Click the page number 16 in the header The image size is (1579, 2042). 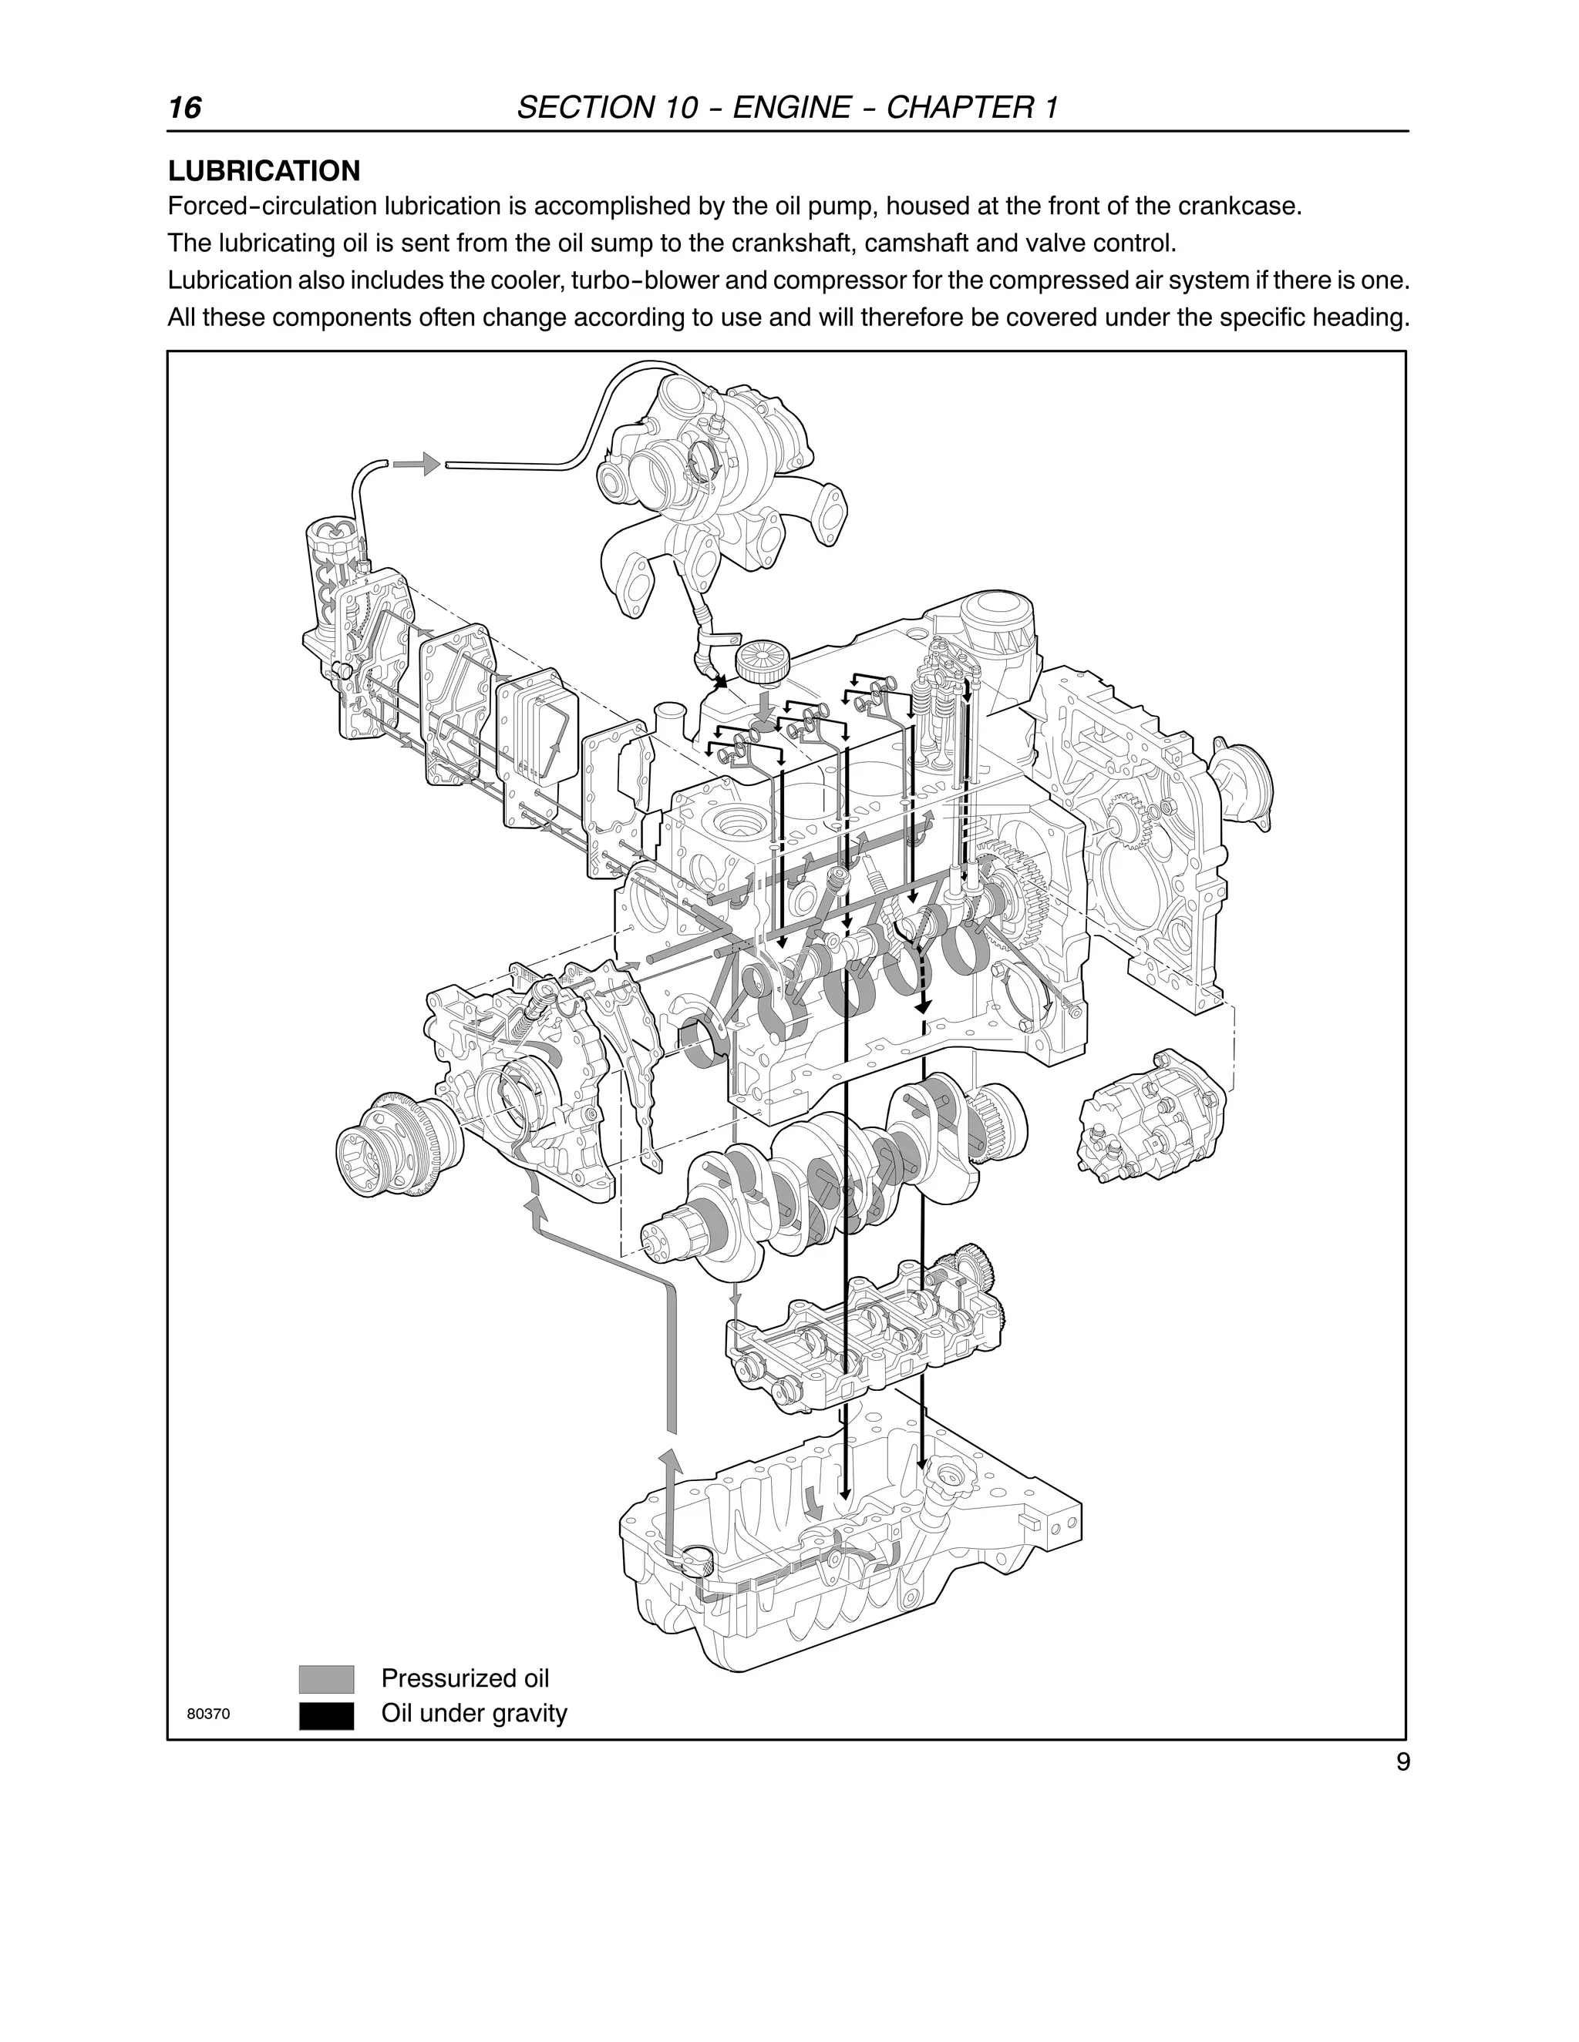pos(184,108)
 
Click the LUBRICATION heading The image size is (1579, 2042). pos(264,171)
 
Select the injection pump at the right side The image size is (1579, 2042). pos(1150,1113)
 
